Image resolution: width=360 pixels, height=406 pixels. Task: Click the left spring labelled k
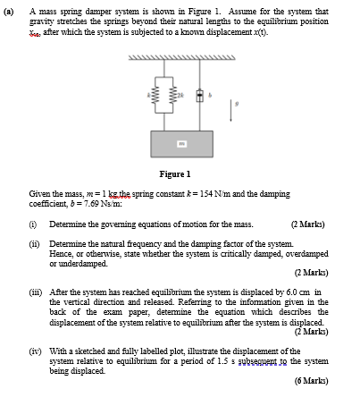coord(155,95)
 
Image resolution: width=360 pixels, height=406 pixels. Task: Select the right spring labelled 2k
coord(180,95)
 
